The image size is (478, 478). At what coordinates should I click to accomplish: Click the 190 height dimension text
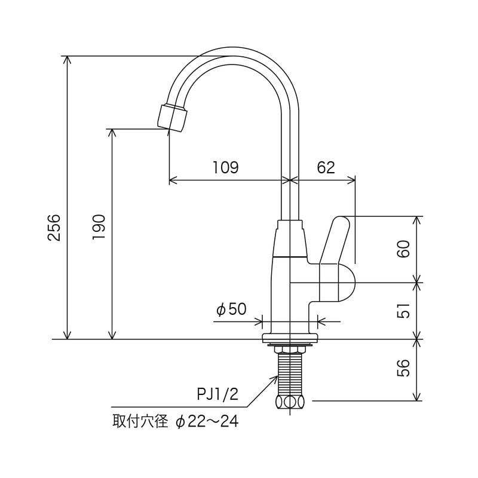pos(100,226)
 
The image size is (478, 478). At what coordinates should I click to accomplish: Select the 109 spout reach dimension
pos(226,167)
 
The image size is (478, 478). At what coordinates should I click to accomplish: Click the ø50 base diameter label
pos(231,309)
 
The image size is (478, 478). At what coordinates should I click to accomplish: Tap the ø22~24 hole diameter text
pos(207,422)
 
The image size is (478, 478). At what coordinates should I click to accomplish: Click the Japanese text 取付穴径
pos(140,422)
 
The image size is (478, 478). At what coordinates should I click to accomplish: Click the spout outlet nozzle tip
pos(173,117)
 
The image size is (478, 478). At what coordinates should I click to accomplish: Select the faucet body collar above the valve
pos(290,239)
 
